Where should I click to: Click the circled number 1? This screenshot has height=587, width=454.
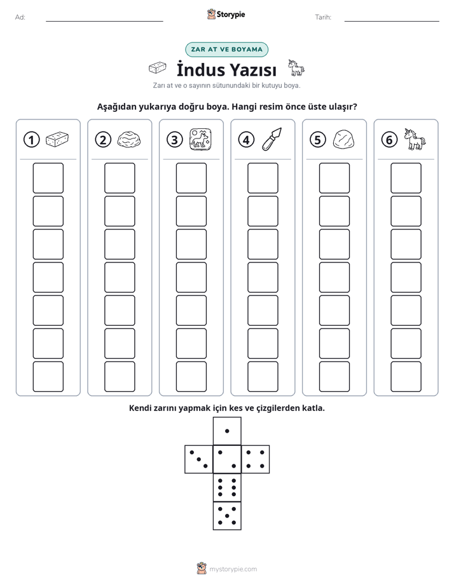(31, 140)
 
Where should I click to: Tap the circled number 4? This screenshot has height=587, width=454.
(246, 140)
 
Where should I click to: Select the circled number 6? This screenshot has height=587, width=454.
(389, 140)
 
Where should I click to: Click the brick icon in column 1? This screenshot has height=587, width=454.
(57, 139)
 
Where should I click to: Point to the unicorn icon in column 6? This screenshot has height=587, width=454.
(415, 139)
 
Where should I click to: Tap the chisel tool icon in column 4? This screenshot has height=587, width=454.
(272, 139)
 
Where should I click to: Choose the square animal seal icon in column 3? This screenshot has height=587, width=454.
(200, 139)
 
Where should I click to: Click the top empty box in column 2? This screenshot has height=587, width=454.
(120, 178)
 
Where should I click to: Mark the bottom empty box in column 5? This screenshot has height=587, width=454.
(334, 377)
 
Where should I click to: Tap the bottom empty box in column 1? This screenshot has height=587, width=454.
(48, 377)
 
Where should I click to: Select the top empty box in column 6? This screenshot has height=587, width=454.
(406, 178)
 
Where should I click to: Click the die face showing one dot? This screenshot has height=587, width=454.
(227, 431)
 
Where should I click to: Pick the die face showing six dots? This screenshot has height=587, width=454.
(227, 487)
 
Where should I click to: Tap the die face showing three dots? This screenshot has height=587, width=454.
(199, 459)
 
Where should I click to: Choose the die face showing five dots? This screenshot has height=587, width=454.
(227, 516)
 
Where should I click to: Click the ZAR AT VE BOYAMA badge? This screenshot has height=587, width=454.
(226, 50)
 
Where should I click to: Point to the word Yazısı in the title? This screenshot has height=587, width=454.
(253, 70)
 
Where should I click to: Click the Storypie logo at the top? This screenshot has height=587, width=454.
(226, 15)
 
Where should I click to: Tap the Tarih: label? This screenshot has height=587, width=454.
(323, 17)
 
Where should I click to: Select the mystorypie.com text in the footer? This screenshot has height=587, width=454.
(233, 569)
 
